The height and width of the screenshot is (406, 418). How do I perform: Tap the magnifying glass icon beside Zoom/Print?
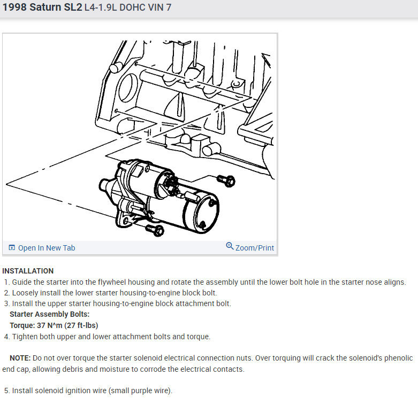click(x=230, y=246)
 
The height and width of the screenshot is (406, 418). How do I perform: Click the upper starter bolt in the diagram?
click(x=226, y=181)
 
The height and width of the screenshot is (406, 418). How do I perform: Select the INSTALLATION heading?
click(x=28, y=271)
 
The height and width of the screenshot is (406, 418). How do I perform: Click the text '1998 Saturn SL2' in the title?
click(x=42, y=7)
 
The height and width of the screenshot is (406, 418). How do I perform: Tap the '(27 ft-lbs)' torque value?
click(x=81, y=325)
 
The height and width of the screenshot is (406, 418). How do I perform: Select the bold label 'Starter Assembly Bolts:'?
click(x=50, y=314)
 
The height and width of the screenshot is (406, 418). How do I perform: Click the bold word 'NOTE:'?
click(x=20, y=358)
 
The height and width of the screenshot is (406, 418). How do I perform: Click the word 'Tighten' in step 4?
click(x=25, y=337)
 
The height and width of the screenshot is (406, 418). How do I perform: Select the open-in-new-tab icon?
click(x=12, y=248)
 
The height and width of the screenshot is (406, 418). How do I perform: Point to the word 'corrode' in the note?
click(x=153, y=369)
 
